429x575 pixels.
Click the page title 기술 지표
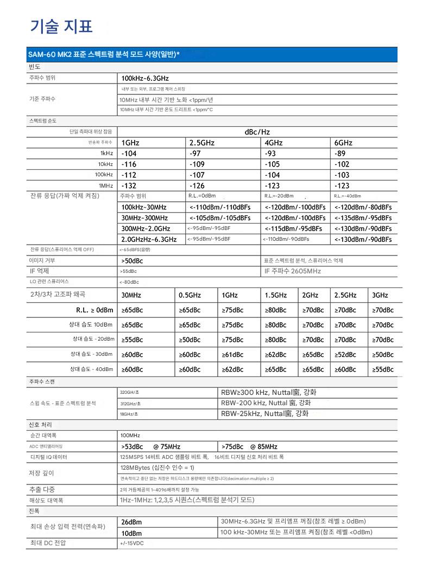pyautogui.click(x=61, y=26)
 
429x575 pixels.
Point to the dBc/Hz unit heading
pyautogui.click(x=257, y=132)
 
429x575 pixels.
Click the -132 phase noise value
pyautogui.click(x=129, y=186)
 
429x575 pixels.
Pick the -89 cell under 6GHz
pyautogui.click(x=340, y=154)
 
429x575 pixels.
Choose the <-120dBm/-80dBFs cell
pyautogui.click(x=363, y=207)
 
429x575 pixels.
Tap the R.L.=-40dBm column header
pyautogui.click(x=348, y=196)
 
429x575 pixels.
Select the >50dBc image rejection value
pyautogui.click(x=131, y=260)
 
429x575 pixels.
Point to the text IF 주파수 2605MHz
pyautogui.click(x=293, y=271)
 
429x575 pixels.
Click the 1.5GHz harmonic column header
pyautogui.click(x=276, y=295)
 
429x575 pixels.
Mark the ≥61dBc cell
pyautogui.click(x=233, y=354)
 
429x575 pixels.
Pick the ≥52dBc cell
pyautogui.click(x=345, y=354)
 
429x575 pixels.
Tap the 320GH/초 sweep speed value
pyautogui.click(x=130, y=392)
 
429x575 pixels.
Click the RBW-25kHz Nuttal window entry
pyautogui.click(x=264, y=413)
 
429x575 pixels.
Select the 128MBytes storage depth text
pyautogui.click(x=157, y=468)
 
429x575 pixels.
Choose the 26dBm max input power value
pyautogui.click(x=131, y=522)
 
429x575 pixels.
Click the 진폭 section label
pyautogui.click(x=34, y=511)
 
